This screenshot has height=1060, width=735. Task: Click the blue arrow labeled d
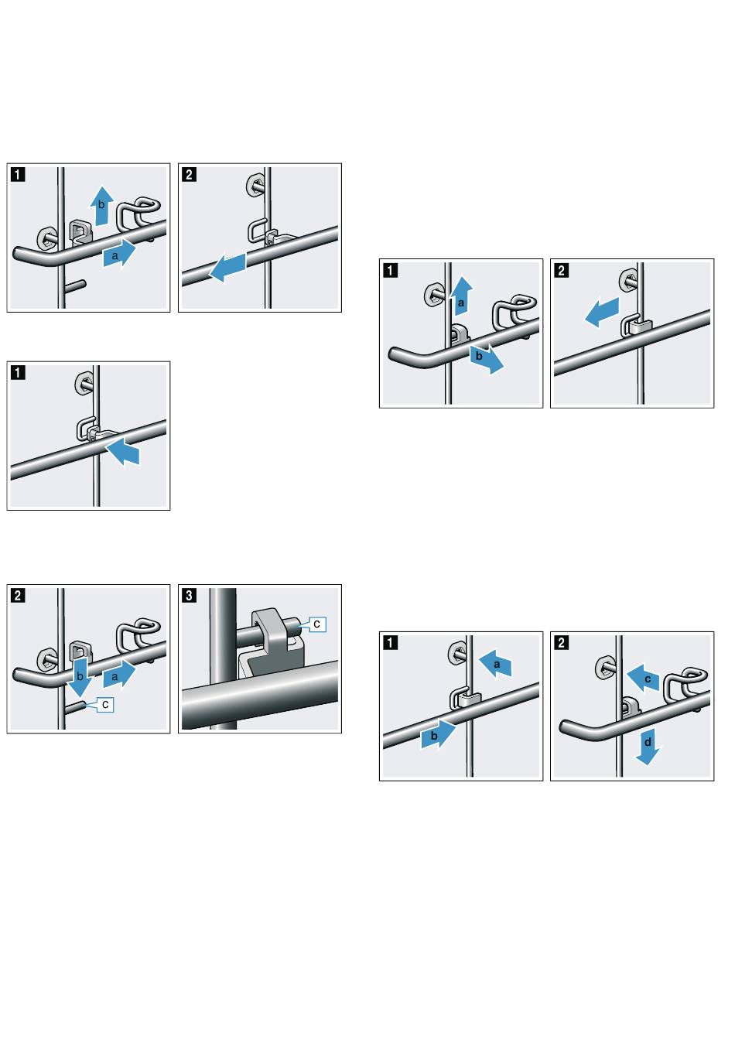(x=648, y=744)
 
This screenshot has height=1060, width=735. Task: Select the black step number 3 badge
(x=190, y=595)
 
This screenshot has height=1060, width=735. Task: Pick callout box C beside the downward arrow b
(x=104, y=704)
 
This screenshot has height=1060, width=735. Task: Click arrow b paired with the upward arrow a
(x=484, y=359)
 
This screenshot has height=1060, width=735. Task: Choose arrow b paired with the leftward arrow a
(x=436, y=736)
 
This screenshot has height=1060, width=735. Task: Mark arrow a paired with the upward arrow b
(x=118, y=255)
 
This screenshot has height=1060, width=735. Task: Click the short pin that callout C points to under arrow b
(x=75, y=706)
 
